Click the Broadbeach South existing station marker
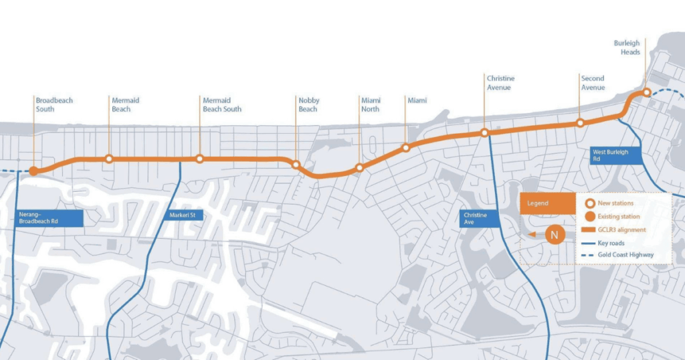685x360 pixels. (x=33, y=171)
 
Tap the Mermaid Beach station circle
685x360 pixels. (x=109, y=159)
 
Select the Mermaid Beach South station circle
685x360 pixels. (x=199, y=159)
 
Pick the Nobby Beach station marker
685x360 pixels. (x=296, y=164)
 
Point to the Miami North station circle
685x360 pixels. (x=360, y=168)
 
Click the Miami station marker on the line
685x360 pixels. (x=405, y=147)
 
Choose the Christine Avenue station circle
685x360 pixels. (x=484, y=132)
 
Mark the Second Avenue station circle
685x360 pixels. (x=580, y=123)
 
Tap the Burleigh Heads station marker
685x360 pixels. (x=646, y=92)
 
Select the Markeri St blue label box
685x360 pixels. (x=182, y=216)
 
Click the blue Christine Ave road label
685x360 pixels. (x=480, y=217)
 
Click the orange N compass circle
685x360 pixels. (x=554, y=235)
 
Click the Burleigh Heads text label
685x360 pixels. (x=627, y=48)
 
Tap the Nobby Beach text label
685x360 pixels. (x=308, y=104)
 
